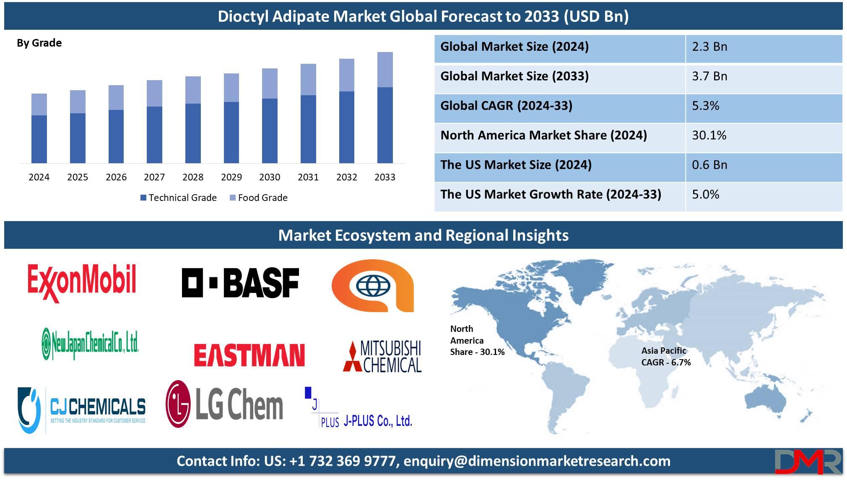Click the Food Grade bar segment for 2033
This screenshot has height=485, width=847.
tap(385, 70)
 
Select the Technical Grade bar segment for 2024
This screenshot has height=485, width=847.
tap(39, 139)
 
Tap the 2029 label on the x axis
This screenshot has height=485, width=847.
tap(231, 177)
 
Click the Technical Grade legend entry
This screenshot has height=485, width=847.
tap(179, 198)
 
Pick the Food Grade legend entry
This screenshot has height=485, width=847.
tap(259, 198)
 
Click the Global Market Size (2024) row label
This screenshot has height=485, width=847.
tap(514, 46)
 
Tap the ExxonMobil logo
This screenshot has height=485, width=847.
tap(82, 282)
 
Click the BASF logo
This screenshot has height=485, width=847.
tap(240, 282)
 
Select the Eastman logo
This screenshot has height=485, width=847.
tap(249, 355)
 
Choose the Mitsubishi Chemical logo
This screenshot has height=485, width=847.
tap(382, 356)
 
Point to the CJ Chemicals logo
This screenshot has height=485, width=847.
tap(82, 409)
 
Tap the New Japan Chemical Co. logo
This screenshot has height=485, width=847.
tap(90, 344)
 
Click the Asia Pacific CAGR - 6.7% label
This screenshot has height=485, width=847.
tap(666, 356)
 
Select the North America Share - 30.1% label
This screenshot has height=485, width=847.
tap(477, 340)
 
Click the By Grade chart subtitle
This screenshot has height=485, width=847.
tap(39, 43)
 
